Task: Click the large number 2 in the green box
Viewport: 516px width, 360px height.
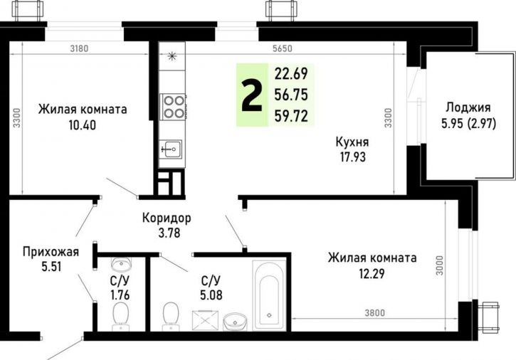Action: [251, 96]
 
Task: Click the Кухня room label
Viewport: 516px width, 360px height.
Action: [352, 142]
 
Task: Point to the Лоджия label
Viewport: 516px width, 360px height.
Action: [468, 108]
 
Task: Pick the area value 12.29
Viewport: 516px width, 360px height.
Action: [372, 272]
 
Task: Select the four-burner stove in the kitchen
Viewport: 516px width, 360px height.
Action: [172, 106]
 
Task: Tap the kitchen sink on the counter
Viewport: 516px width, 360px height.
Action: [172, 149]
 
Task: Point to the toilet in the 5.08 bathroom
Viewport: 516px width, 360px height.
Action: [171, 312]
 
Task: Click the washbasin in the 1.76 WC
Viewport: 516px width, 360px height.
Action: [121, 265]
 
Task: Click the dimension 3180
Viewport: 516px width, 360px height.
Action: [80, 49]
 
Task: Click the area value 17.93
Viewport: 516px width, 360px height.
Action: [352, 156]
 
